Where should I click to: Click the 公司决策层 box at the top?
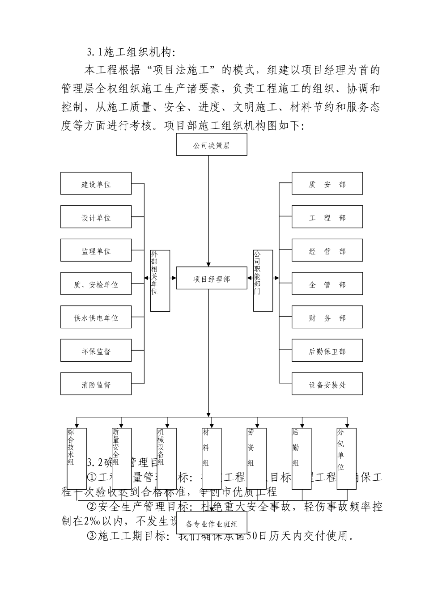[x=212, y=145]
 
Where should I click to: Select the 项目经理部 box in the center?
[x=212, y=279]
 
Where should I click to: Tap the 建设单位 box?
[x=96, y=184]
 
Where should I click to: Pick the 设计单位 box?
[x=96, y=217]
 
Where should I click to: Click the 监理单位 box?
[x=96, y=251]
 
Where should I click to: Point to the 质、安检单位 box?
[x=96, y=284]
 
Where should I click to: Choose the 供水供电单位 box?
[x=96, y=317]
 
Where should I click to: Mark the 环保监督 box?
[x=96, y=351]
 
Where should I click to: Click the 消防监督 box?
[x=96, y=384]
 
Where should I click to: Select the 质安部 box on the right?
[x=327, y=184]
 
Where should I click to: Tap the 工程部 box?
[x=327, y=217]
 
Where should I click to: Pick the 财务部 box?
[x=327, y=317]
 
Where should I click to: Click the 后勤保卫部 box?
[x=327, y=351]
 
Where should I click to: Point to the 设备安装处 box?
[x=327, y=384]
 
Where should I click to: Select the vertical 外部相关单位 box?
[x=160, y=280]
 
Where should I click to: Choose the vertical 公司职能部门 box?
[x=263, y=280]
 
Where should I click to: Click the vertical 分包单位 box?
[x=346, y=458]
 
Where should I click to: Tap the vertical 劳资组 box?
[x=256, y=458]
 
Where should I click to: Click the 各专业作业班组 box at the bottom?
[x=212, y=524]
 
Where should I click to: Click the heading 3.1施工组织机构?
[x=130, y=52]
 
